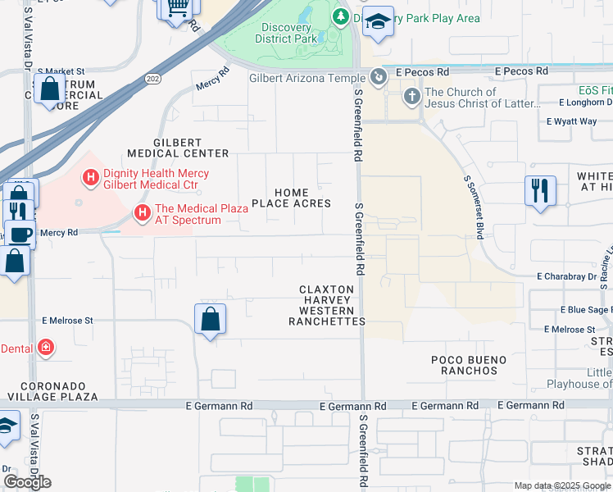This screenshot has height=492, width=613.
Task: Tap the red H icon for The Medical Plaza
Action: click(143, 214)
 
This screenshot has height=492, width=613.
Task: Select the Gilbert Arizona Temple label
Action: click(306, 78)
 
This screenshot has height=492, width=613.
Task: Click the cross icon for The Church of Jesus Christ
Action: click(411, 97)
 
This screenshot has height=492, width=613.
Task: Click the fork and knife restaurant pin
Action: click(541, 190)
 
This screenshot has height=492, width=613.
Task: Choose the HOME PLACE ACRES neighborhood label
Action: click(291, 198)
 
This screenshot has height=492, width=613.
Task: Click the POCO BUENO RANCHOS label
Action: click(464, 365)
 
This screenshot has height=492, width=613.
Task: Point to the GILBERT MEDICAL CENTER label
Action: click(178, 147)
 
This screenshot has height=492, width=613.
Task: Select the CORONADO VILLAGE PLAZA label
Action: click(49, 391)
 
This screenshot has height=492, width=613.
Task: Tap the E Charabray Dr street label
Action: click(567, 277)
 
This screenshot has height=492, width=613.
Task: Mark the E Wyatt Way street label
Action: click(571, 121)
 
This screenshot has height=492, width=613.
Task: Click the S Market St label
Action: click(61, 72)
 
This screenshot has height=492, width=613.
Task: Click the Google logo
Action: click(27, 481)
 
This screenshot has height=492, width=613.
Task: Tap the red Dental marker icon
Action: click(46, 348)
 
